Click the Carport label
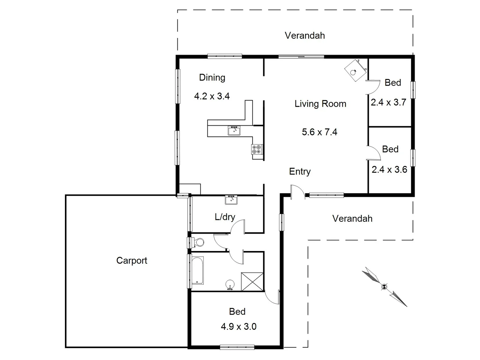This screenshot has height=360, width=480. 132,260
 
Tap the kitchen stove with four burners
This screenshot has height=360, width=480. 257,149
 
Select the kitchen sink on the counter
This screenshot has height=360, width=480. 234,130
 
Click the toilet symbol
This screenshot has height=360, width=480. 198,242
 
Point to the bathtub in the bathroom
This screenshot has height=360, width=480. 198,270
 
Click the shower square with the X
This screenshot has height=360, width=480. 252,282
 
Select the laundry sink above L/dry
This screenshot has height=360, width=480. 231,200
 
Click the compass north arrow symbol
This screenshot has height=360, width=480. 384,286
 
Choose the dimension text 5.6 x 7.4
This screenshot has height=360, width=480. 319,132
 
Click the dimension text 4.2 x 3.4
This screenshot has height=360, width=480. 212,96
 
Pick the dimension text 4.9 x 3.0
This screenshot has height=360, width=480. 238,326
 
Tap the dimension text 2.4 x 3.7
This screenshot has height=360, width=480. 388,102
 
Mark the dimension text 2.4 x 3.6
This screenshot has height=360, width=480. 389,170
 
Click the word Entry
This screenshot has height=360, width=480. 300,171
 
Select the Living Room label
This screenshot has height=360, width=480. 320,104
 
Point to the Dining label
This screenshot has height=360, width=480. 212,78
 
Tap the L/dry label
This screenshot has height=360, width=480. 225,217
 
